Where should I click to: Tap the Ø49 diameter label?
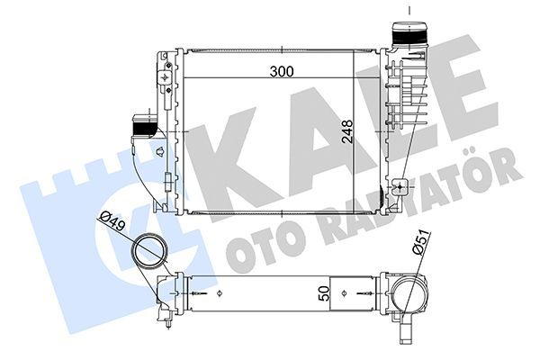111,219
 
